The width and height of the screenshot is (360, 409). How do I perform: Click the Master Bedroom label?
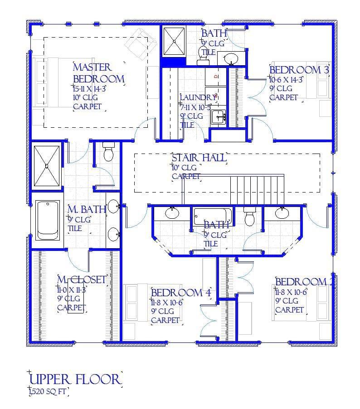[98, 73]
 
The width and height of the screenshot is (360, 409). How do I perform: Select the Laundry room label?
[198, 97]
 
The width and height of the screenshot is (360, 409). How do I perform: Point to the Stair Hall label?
[199, 158]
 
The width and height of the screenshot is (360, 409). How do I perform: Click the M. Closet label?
[82, 279]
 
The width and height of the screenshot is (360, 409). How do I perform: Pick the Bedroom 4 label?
[181, 293]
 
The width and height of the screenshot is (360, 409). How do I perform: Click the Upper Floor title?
[75, 379]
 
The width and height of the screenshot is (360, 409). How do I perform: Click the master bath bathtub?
[47, 221]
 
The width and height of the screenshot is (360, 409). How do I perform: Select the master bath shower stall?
[47, 166]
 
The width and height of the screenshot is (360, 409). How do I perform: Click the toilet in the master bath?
[108, 153]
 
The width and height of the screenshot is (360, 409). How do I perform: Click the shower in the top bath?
[174, 41]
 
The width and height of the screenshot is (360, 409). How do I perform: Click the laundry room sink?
[219, 116]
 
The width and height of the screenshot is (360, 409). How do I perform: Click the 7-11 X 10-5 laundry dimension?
[195, 107]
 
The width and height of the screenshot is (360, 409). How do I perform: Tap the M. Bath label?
[87, 210]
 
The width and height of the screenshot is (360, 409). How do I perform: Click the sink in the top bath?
[231, 58]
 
